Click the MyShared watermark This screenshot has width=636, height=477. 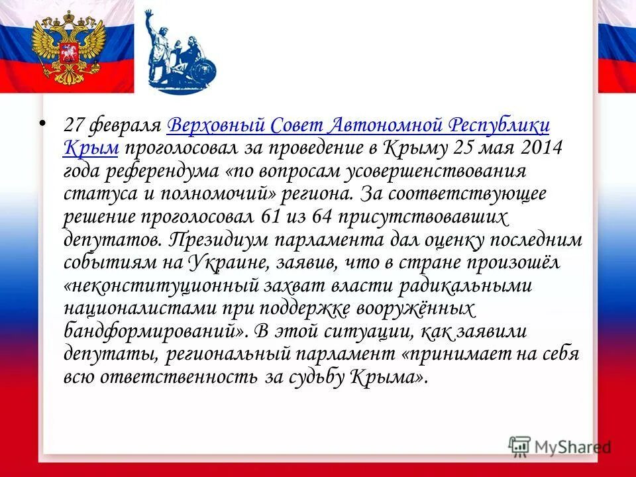560,446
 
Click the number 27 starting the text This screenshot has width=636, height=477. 74,126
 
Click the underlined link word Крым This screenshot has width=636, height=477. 91,148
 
